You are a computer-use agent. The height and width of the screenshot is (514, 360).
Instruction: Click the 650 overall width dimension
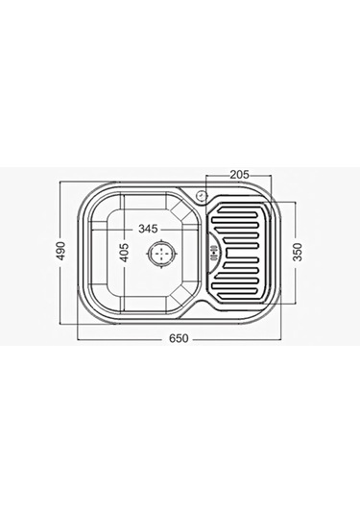coord(179,338)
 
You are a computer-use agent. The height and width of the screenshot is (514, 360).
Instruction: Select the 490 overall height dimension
coord(61,251)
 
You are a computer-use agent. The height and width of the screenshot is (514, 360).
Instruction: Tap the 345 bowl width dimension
coord(148,229)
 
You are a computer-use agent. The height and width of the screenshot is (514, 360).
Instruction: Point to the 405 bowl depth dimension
coord(125,253)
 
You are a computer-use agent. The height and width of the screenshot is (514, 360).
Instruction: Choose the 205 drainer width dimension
coord(239,175)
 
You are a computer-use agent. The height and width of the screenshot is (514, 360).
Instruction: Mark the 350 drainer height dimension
coord(297,252)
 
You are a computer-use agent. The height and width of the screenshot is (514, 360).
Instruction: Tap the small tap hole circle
coord(201,196)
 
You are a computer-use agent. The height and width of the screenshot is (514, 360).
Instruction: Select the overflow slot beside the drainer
coord(214,253)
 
